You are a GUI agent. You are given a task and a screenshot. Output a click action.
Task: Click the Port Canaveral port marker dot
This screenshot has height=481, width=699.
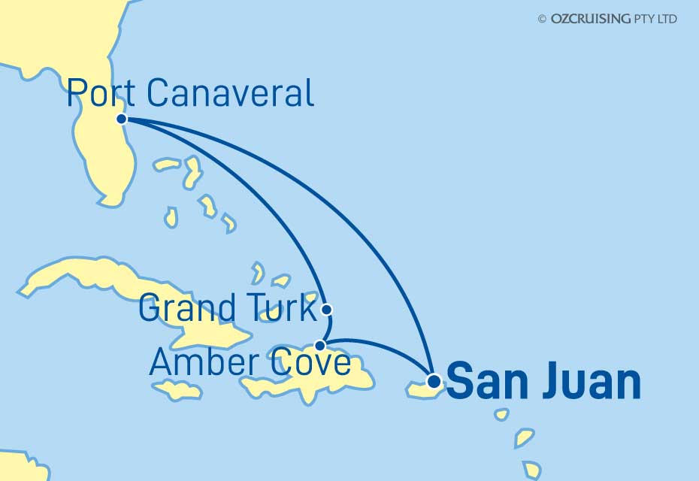click(x=121, y=119)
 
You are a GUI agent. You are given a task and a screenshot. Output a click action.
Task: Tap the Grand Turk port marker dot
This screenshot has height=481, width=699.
click(x=325, y=309)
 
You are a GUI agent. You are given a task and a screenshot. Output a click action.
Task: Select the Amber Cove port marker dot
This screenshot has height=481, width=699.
click(x=320, y=346)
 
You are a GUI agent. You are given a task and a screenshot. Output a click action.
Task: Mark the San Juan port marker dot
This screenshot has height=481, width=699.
click(x=434, y=380)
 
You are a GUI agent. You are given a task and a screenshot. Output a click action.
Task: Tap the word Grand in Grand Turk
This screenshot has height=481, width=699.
click(x=184, y=309)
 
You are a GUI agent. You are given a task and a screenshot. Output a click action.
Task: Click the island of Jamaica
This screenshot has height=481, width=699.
click(x=177, y=390)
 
